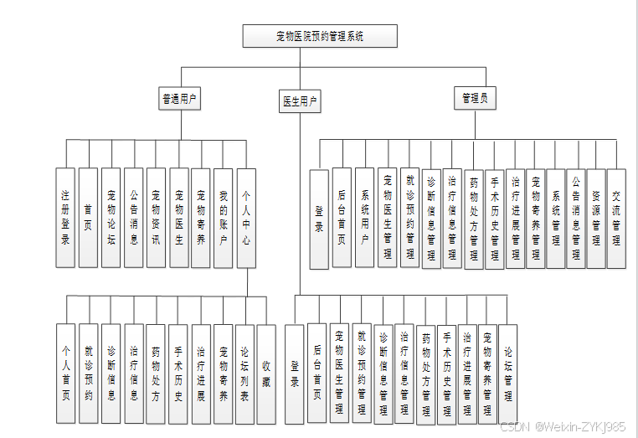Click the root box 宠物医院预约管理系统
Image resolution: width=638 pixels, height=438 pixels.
[319, 36]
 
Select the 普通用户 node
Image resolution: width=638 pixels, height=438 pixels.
[180, 99]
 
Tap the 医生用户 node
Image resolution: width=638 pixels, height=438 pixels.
[299, 101]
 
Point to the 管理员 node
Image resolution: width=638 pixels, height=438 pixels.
[475, 98]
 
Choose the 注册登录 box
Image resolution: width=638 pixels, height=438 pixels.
[65, 218]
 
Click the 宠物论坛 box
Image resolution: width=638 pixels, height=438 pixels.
[111, 218]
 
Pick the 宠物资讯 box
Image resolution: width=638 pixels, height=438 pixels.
[156, 218]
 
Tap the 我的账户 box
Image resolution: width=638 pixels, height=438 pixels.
[224, 218]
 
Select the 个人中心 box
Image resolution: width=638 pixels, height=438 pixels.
[246, 218]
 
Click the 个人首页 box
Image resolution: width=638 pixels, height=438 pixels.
[65, 373]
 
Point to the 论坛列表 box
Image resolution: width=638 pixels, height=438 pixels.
[244, 373]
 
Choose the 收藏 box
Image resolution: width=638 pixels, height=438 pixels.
[266, 373]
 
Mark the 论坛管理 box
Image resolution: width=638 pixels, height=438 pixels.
[507, 371]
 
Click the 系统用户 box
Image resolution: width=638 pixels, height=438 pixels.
[364, 218]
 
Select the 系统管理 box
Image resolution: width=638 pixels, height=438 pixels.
[556, 218]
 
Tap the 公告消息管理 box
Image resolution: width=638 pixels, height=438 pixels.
[575, 218]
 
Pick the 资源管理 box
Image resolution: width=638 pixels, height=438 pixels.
[596, 218]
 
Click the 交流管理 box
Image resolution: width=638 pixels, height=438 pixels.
[616, 218]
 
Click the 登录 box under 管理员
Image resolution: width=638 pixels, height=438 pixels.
[319, 219]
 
